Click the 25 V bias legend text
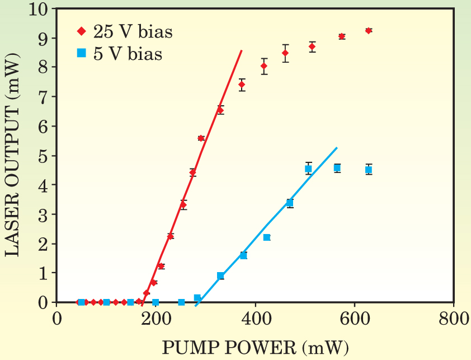point(133,32)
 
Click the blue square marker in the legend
point(81,54)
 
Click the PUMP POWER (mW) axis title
point(255,348)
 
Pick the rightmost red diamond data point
point(368,31)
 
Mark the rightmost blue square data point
point(368,170)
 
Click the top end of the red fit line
point(242,50)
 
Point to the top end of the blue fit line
point(337,148)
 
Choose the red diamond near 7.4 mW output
point(242,85)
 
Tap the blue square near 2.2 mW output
point(267,237)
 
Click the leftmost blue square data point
point(81,302)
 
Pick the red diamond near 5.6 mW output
point(201,138)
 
